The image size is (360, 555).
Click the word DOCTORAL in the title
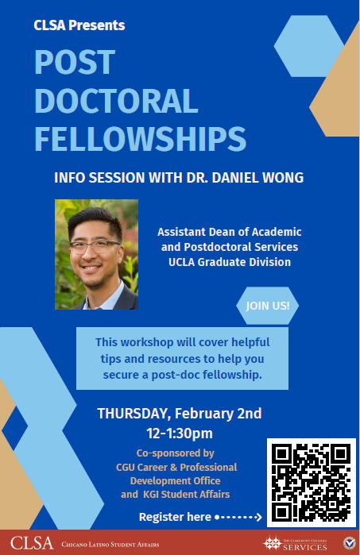[x=116, y=101]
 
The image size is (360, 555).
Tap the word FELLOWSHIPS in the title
[x=139, y=139]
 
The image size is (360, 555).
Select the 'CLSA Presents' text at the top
[x=79, y=25]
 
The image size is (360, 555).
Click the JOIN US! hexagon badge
[x=267, y=305]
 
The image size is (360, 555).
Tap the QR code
[x=310, y=482]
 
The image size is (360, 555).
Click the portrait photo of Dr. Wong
[x=97, y=254]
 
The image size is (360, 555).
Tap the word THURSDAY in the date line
[x=132, y=414]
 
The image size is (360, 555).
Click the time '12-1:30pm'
[x=179, y=433]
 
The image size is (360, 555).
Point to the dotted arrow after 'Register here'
[x=238, y=518]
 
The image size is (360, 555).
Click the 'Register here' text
[x=175, y=518]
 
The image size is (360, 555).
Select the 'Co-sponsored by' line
[x=180, y=453]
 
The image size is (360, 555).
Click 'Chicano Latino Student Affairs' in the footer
[x=111, y=545]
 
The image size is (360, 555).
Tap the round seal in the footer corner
[x=349, y=543]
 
